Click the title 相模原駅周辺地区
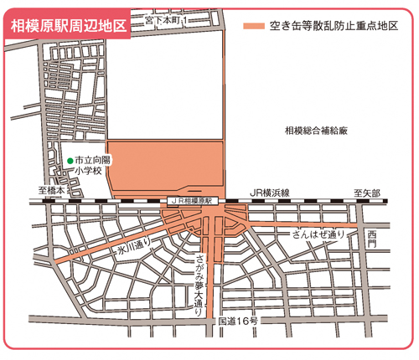tap(66, 24)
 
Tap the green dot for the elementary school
tap(70, 159)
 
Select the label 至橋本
tap(50, 192)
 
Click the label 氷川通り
tap(133, 246)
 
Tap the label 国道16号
tap(237, 321)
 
